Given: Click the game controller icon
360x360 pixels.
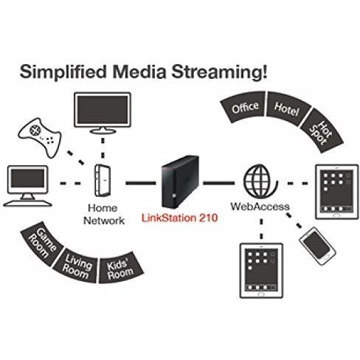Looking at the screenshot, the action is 39,136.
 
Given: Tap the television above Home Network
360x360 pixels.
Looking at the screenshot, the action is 103,113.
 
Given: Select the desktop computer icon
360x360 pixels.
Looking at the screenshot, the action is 27,186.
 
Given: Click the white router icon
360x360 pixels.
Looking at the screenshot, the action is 103,181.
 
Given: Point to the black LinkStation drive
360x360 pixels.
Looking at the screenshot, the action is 180,181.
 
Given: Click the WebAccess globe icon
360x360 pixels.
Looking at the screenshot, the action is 260,181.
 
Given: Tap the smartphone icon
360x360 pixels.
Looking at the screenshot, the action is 317,246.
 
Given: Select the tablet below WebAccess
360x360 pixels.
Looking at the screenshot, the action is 261,271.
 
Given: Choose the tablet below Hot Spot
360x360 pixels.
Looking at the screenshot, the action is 337,192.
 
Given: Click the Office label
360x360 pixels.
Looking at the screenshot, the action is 245,107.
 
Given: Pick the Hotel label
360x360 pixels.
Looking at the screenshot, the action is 287,109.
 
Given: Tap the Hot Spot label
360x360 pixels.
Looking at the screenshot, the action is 321,132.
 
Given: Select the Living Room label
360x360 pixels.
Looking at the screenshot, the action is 77,266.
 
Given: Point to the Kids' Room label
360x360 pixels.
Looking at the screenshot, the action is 120,269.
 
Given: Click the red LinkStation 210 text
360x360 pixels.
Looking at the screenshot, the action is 180,218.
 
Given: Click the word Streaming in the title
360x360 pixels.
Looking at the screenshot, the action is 219,72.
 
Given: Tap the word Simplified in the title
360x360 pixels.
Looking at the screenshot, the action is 63,72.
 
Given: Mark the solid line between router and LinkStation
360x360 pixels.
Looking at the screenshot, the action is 141,183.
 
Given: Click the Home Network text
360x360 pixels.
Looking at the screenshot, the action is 104,215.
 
